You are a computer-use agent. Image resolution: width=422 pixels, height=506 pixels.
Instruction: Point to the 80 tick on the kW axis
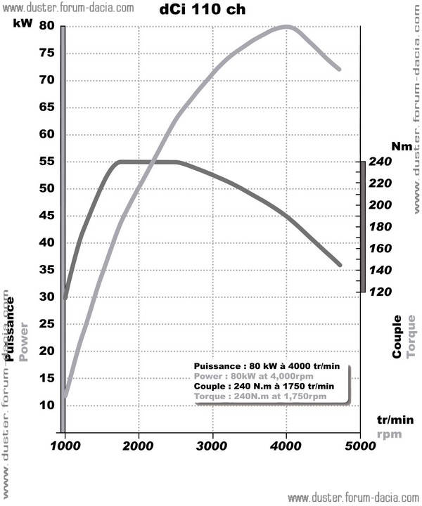tap(47, 27)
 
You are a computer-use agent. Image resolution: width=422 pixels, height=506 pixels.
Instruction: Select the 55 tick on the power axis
tap(47, 162)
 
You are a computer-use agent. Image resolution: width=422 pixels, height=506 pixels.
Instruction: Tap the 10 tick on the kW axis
tap(47, 406)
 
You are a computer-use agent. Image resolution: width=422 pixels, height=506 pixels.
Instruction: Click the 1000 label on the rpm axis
tap(65, 445)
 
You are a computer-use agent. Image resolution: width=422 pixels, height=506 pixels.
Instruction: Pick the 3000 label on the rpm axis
tap(212, 445)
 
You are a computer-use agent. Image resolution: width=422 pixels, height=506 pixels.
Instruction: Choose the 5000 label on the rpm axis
tap(359, 445)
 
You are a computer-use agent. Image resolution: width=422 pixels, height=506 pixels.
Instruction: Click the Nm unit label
tap(402, 147)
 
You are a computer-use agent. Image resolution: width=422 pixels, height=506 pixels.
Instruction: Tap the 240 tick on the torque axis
tap(381, 162)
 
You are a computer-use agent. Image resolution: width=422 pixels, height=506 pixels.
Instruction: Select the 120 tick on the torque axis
tap(381, 292)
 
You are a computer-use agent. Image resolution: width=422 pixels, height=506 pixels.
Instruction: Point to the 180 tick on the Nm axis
tap(381, 226)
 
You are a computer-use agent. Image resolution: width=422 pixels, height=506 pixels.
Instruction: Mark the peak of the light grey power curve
tap(286, 27)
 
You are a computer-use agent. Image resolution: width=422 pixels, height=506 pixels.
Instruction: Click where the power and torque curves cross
tap(154, 162)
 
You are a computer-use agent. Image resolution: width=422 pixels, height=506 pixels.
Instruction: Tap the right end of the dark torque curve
tap(340, 265)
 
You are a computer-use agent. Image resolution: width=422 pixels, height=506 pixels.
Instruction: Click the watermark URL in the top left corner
tap(66, 8)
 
